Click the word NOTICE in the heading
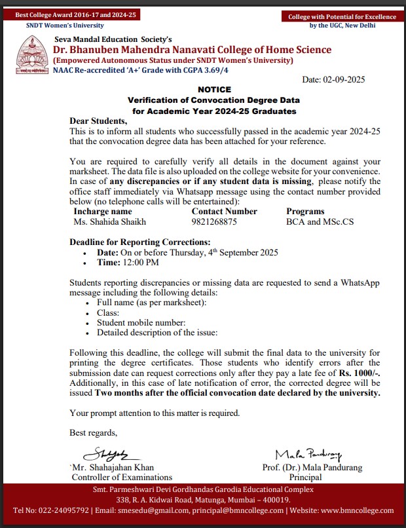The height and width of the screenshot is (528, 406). point(213,89)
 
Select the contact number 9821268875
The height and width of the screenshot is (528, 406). point(214,222)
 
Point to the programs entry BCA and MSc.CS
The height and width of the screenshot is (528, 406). point(320,222)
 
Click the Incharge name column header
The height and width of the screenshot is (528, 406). point(103,212)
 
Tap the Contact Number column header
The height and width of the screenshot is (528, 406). point(224,212)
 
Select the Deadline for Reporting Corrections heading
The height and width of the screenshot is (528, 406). point(139,242)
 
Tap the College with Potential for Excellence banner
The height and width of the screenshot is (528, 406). point(342,16)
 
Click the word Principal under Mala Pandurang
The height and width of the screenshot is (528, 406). point(305,478)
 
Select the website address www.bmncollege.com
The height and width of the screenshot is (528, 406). point(358,510)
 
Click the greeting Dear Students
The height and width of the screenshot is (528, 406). point(98,121)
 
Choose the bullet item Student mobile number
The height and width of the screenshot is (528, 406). point(141,323)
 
